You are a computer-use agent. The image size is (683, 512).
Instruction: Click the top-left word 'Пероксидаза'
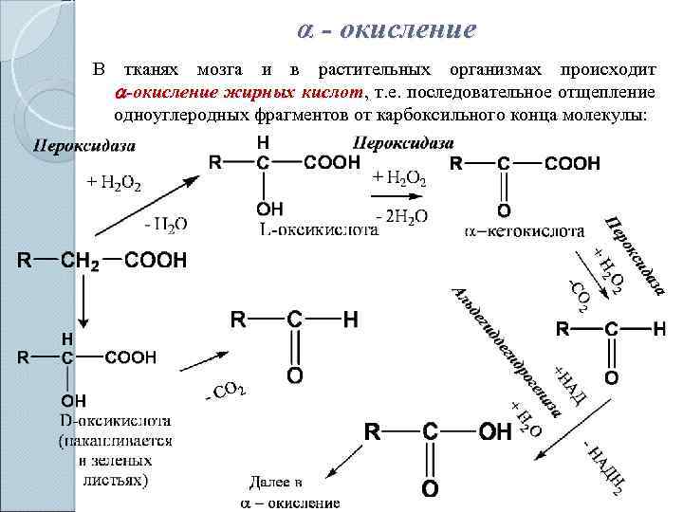coord(84,147)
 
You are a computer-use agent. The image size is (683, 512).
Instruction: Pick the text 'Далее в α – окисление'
coord(289,492)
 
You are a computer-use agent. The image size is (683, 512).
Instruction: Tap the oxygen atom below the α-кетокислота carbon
coord(504,210)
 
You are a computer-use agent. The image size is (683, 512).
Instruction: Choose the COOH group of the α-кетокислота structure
coord(572,164)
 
